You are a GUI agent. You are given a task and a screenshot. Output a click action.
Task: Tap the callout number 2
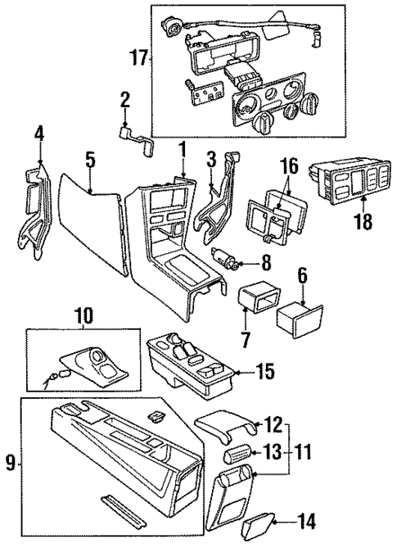(124, 102)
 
